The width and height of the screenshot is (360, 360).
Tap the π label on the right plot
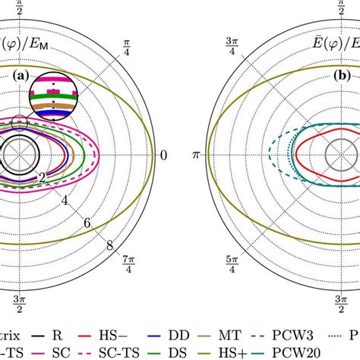195,156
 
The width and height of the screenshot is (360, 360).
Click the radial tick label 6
87,223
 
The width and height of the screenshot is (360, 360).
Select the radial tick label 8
109,245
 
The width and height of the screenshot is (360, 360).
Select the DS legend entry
172,351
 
